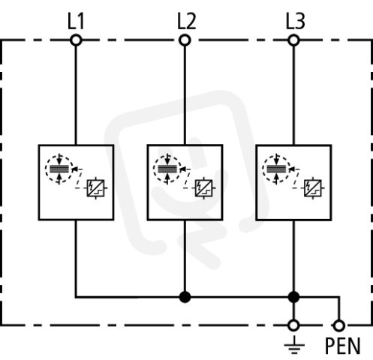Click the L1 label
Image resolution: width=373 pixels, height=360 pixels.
(x=76, y=22)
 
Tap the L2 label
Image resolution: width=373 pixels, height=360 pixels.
(x=187, y=22)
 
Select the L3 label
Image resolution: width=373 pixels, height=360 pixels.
(x=296, y=22)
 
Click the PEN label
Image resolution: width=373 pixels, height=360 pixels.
(x=343, y=346)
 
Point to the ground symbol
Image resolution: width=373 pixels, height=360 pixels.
(x=294, y=346)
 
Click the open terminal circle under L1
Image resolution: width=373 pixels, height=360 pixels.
(x=76, y=40)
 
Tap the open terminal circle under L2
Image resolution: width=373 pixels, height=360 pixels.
(x=185, y=40)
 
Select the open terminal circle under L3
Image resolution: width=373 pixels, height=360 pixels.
(x=293, y=40)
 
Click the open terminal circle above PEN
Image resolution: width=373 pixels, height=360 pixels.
(x=339, y=325)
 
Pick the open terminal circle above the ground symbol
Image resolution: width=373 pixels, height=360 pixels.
(x=293, y=325)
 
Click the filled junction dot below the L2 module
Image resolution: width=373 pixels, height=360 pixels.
(x=185, y=297)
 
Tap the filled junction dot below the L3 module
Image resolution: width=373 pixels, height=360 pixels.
(x=293, y=297)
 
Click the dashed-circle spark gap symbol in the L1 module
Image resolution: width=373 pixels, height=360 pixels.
(x=59, y=169)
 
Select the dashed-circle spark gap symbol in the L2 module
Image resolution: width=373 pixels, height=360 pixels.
(x=167, y=169)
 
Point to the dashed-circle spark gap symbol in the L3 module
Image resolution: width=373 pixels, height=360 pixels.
(x=276, y=169)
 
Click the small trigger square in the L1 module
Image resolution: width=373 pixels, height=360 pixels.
(x=95, y=188)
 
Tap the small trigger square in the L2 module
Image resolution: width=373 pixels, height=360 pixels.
(x=204, y=188)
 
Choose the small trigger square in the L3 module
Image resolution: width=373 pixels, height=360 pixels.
(x=313, y=188)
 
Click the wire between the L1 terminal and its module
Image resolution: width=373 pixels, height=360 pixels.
(x=76, y=95)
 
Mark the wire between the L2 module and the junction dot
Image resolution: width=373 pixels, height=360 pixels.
(x=185, y=256)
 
